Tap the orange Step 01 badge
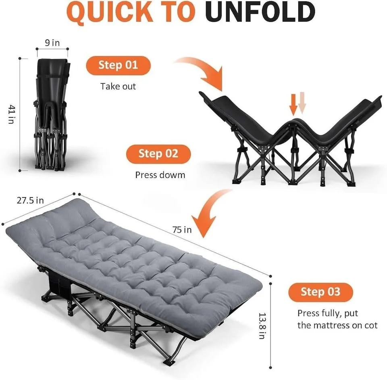118,65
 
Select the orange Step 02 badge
158,154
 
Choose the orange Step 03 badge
320,292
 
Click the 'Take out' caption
118,86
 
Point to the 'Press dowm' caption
160,175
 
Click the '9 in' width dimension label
52,43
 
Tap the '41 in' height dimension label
12,114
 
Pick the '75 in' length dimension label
182,230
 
